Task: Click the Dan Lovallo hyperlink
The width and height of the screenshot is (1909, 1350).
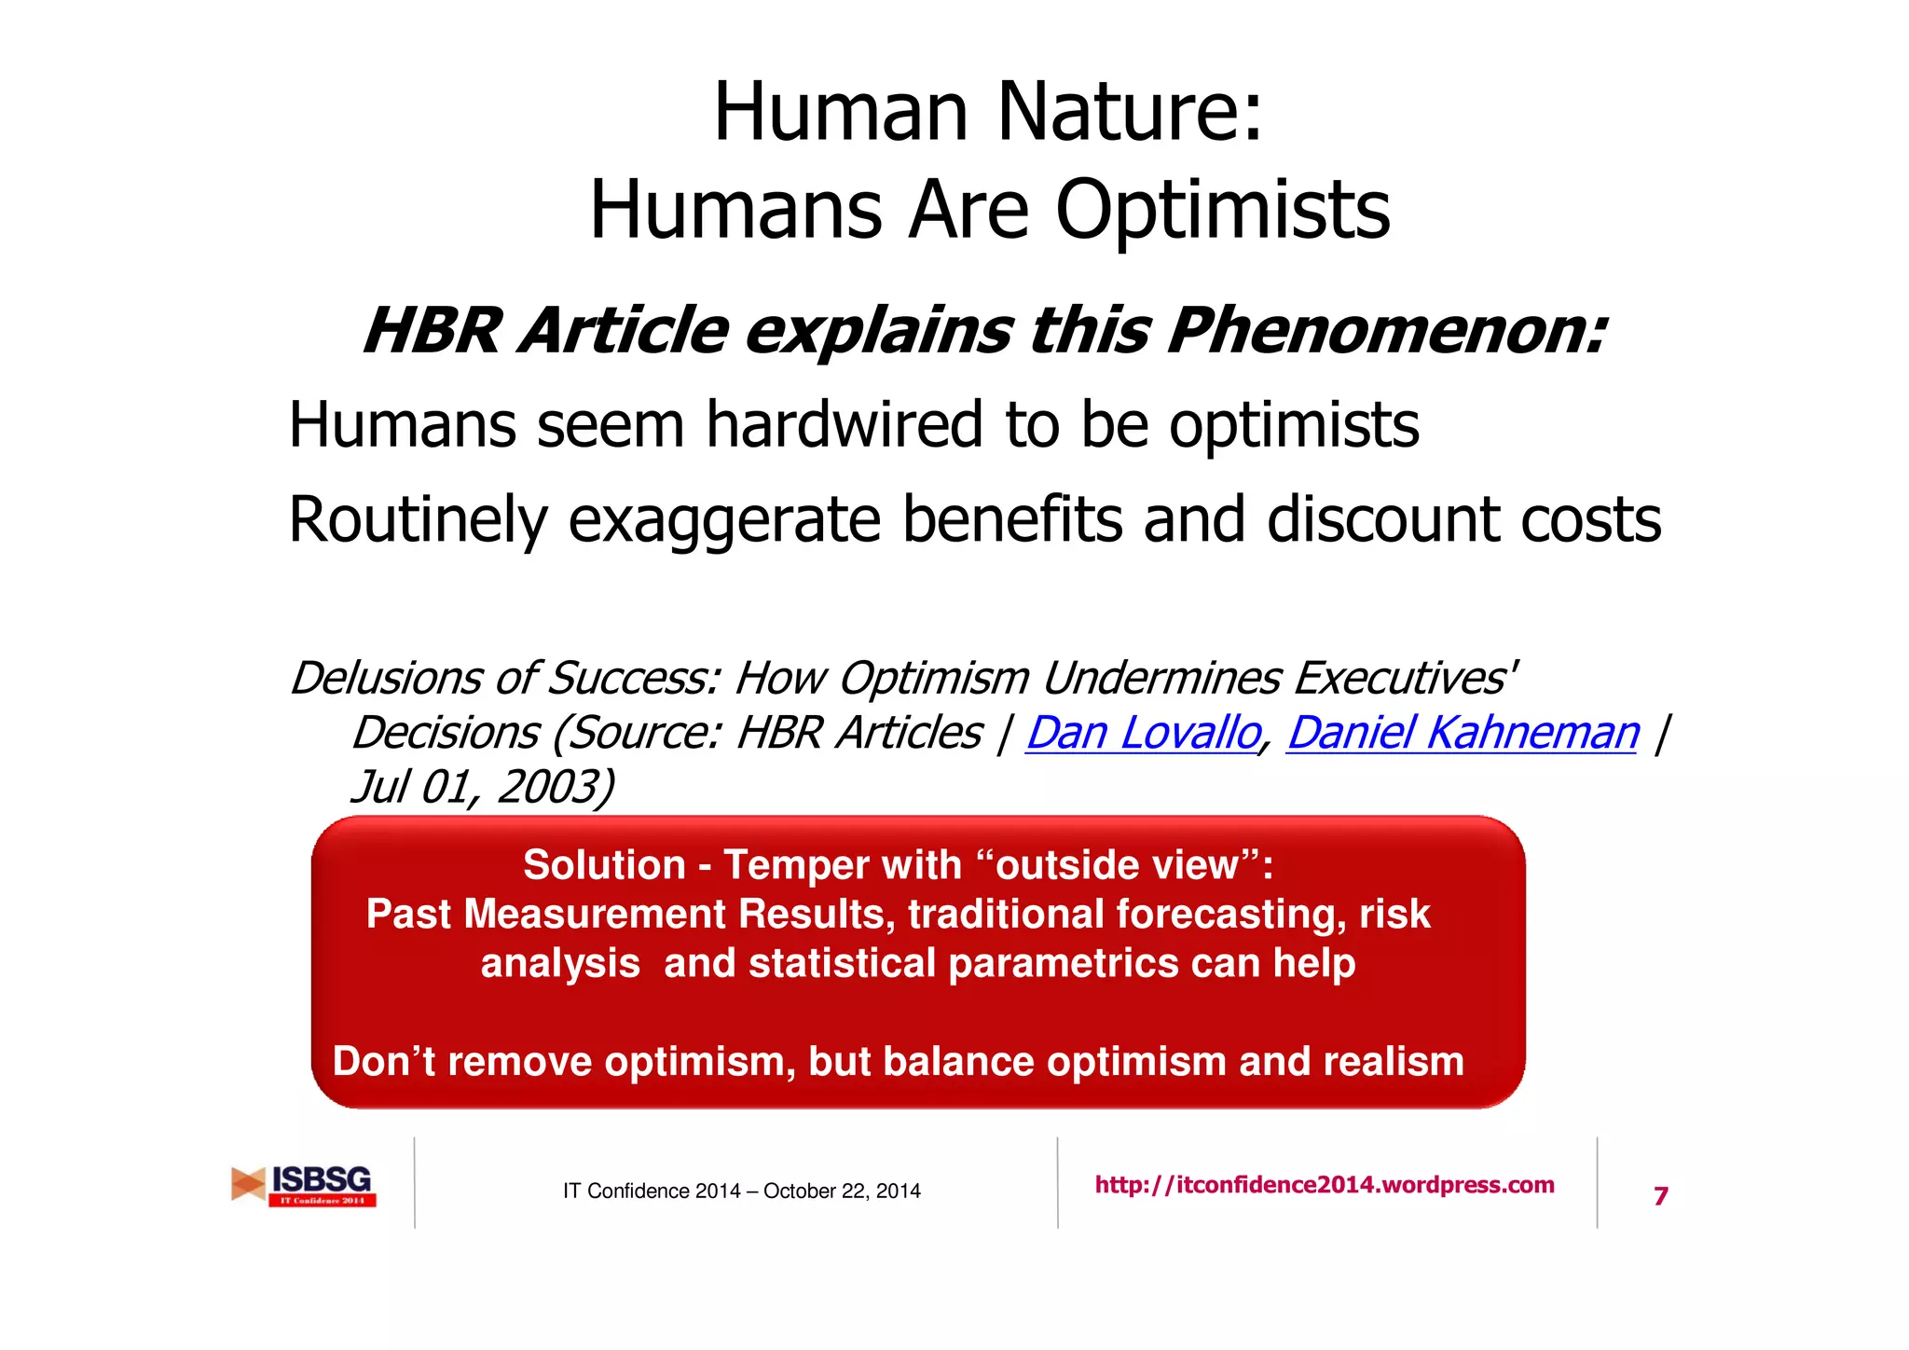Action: [x=1143, y=733]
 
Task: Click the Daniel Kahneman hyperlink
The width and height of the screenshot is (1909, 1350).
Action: [x=1462, y=733]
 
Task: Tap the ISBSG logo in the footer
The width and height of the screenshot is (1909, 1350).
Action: [x=304, y=1185]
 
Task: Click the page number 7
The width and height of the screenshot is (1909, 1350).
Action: [x=1660, y=1196]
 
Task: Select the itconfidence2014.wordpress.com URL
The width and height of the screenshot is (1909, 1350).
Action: [x=1324, y=1185]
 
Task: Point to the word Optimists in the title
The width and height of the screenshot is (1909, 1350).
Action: [x=1222, y=210]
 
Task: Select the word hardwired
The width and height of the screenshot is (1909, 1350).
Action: [x=844, y=425]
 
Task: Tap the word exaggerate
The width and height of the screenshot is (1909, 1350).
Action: [x=724, y=520]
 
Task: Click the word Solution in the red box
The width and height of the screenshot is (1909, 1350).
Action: [x=604, y=865]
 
